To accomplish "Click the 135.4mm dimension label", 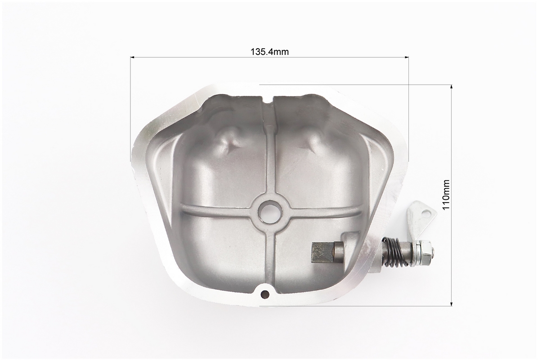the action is (x=269, y=51).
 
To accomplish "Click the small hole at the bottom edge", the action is (x=265, y=293).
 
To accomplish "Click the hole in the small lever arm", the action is (x=427, y=212).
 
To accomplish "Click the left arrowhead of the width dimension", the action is (x=133, y=57).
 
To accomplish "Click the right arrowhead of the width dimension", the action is (x=407, y=57).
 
